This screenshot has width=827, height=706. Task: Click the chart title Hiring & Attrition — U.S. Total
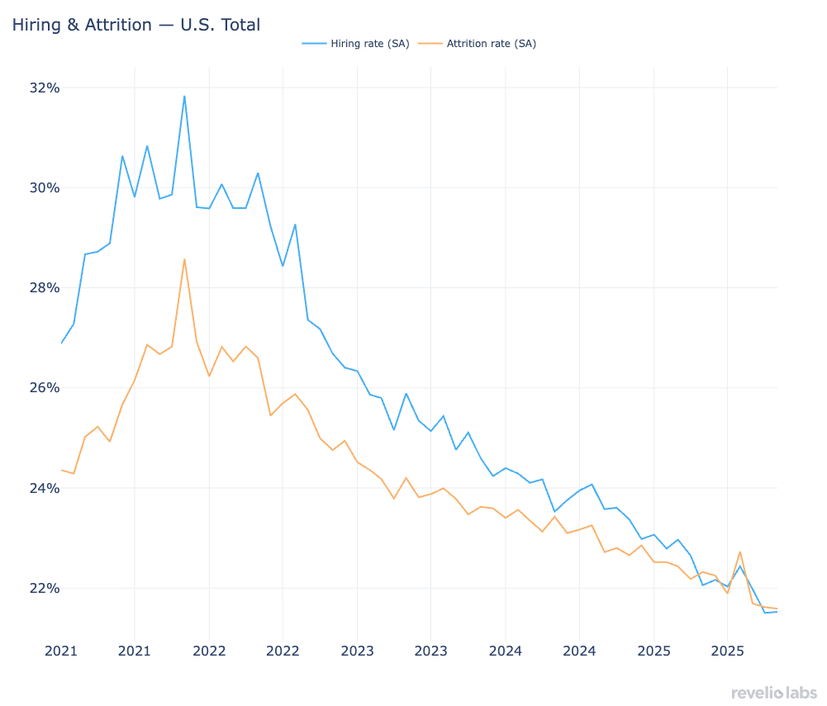pyautogui.click(x=135, y=25)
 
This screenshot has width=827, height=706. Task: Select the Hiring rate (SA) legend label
pyautogui.click(x=368, y=44)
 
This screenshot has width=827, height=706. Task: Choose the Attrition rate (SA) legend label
pyautogui.click(x=491, y=44)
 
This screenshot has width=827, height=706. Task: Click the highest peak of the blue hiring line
pyautogui.click(x=184, y=96)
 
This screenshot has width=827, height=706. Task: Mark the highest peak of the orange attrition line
pyautogui.click(x=184, y=259)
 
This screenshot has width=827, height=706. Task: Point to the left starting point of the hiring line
pyautogui.click(x=61, y=343)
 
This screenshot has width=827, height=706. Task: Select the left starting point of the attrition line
pyautogui.click(x=61, y=470)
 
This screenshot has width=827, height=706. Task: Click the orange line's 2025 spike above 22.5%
pyautogui.click(x=739, y=552)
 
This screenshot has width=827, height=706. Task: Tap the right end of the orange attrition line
pyautogui.click(x=777, y=609)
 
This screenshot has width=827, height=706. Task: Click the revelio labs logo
pyautogui.click(x=773, y=692)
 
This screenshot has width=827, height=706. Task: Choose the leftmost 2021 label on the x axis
pyautogui.click(x=60, y=651)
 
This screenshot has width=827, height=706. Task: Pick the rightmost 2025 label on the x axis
pyautogui.click(x=727, y=651)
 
